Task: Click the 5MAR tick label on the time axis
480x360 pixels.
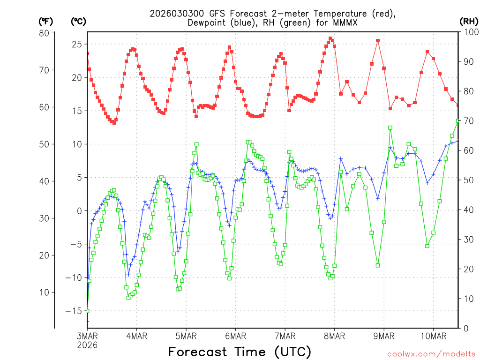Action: tap(186, 336)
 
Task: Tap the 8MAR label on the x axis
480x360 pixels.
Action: tap(334, 336)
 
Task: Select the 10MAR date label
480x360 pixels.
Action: tap(433, 336)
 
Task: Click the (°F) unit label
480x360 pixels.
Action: tap(45, 21)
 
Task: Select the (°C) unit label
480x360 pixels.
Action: tap(78, 21)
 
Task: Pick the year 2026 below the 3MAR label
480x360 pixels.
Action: tap(88, 345)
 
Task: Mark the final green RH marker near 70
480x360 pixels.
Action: tap(458, 121)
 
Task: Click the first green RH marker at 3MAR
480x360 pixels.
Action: tap(87, 311)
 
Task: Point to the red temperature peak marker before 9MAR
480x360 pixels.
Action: tap(377, 41)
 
